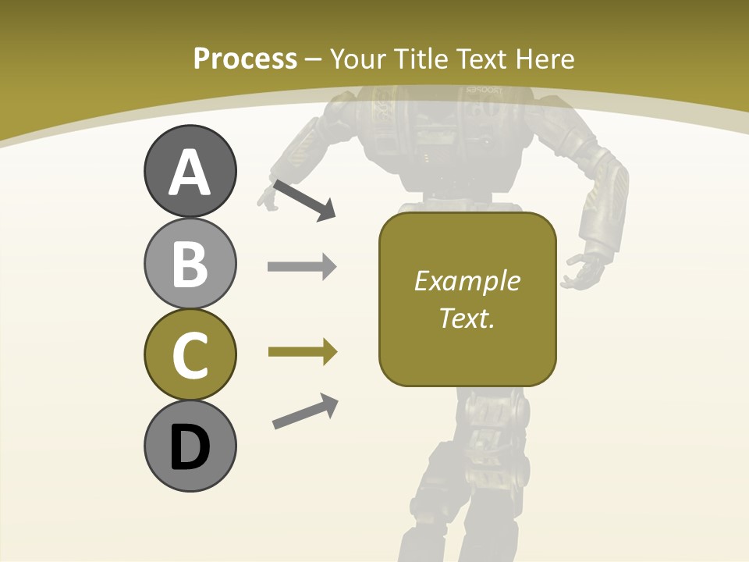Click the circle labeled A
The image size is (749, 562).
190,171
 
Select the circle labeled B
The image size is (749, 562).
190,263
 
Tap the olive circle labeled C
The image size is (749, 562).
190,354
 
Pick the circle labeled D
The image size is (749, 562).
190,446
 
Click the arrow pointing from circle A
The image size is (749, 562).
304,200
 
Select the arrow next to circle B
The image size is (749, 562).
302,267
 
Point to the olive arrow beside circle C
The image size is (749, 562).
302,352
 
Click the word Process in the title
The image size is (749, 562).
245,59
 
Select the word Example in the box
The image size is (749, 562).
467,281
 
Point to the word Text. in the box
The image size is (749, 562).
467,318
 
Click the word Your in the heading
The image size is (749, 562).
357,59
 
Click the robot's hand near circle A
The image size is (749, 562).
268,200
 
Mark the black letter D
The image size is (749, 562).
190,448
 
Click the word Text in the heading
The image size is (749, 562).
481,59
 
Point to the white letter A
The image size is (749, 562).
190,173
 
